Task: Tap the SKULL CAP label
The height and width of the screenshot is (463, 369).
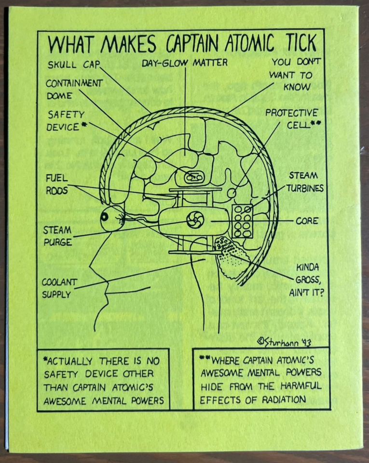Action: click(73, 65)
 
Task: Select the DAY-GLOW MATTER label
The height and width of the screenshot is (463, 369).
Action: click(185, 63)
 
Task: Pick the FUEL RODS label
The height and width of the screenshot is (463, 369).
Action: click(57, 184)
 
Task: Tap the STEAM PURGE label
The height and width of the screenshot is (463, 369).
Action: click(57, 236)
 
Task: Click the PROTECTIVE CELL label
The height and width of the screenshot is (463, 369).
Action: click(292, 119)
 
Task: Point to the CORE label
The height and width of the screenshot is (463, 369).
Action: click(307, 221)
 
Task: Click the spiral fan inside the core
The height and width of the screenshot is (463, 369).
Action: click(195, 219)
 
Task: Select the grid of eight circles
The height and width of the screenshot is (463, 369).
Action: click(243, 221)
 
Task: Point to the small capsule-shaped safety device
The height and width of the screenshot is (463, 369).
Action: click(193, 177)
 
